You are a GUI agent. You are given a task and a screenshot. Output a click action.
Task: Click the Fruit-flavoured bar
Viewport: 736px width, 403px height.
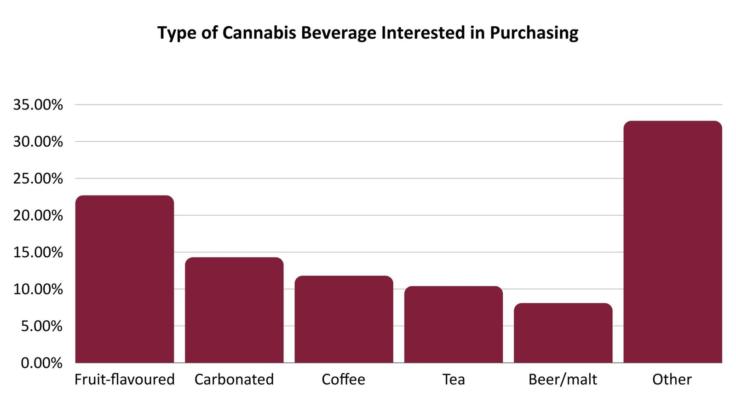click(x=124, y=279)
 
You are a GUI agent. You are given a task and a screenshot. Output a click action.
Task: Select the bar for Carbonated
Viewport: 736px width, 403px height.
click(x=234, y=310)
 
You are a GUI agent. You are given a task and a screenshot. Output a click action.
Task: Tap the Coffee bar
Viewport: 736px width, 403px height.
click(x=344, y=319)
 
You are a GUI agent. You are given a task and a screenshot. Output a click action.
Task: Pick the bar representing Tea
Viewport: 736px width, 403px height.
click(x=453, y=324)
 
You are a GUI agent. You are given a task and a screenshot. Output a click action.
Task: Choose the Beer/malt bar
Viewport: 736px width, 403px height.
click(x=563, y=333)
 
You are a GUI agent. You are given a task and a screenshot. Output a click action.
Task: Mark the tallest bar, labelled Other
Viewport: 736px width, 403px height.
click(x=673, y=242)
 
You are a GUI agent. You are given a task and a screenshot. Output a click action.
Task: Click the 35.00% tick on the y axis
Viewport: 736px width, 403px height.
click(x=38, y=105)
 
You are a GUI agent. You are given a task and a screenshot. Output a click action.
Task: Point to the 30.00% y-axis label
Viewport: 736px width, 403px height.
click(x=38, y=142)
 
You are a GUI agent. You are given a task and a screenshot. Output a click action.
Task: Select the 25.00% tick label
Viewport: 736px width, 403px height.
click(x=38, y=178)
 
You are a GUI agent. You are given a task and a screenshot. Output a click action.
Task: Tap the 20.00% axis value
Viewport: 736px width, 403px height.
click(x=38, y=215)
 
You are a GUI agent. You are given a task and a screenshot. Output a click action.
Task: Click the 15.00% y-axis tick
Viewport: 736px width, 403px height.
click(x=38, y=252)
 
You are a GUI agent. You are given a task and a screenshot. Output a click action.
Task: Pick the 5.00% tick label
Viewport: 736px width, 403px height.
click(x=41, y=326)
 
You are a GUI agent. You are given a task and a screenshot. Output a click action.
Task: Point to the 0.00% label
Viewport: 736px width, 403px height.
click(x=41, y=363)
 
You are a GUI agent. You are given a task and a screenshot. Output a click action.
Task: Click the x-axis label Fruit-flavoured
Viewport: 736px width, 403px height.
click(x=124, y=380)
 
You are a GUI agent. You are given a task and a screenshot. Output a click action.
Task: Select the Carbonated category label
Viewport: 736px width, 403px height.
click(x=234, y=380)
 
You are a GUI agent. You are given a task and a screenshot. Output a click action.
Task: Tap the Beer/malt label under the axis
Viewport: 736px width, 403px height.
click(x=563, y=380)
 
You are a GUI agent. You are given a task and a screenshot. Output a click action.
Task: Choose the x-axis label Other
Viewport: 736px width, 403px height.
click(x=672, y=380)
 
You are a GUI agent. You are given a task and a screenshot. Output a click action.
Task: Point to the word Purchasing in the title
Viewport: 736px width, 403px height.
click(x=534, y=33)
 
